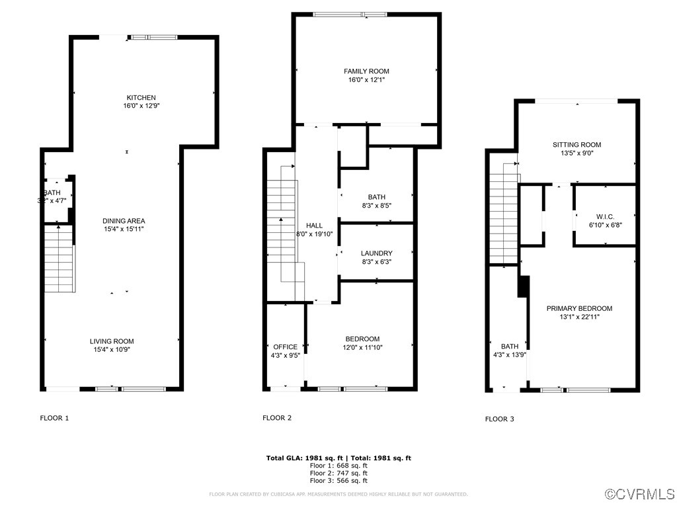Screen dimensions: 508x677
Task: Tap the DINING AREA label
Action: (x=124, y=221)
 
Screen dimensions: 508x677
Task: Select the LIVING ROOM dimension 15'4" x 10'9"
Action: (x=112, y=350)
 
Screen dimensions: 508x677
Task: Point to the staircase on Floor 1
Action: (x=58, y=258)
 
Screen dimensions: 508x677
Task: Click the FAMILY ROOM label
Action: (x=366, y=71)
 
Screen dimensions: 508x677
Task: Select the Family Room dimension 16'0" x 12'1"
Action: (x=366, y=79)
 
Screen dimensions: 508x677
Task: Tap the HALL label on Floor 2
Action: (x=315, y=226)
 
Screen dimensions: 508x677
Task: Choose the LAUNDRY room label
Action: (x=376, y=253)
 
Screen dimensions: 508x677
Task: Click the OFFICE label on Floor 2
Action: (x=285, y=347)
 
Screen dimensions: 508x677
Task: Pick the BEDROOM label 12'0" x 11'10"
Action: (x=362, y=339)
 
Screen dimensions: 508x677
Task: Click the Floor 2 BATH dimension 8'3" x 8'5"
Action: (x=376, y=206)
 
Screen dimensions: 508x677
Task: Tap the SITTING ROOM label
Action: (x=577, y=145)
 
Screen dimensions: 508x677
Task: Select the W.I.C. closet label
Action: (x=605, y=216)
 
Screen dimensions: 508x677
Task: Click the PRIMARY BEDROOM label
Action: (x=579, y=308)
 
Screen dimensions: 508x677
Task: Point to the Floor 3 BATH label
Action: (x=510, y=347)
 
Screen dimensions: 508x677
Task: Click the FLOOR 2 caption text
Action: (x=277, y=418)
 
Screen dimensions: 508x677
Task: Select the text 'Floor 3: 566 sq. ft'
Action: (x=338, y=482)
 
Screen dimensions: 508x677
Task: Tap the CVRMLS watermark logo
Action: (x=640, y=494)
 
